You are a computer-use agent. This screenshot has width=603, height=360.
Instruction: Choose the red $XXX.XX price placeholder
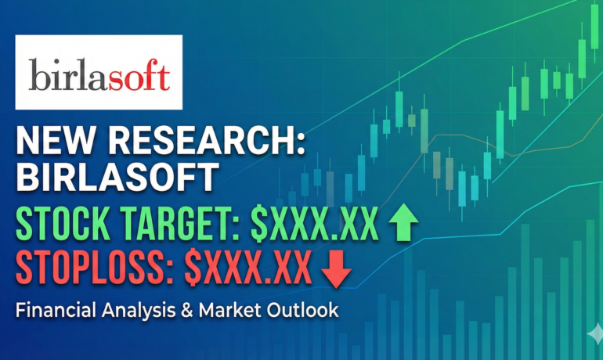tap(249, 268)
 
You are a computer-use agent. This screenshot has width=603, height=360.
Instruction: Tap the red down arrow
tap(336, 268)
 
